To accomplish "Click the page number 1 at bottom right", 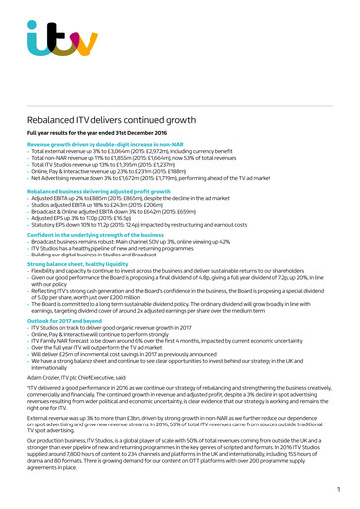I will point(338,490).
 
